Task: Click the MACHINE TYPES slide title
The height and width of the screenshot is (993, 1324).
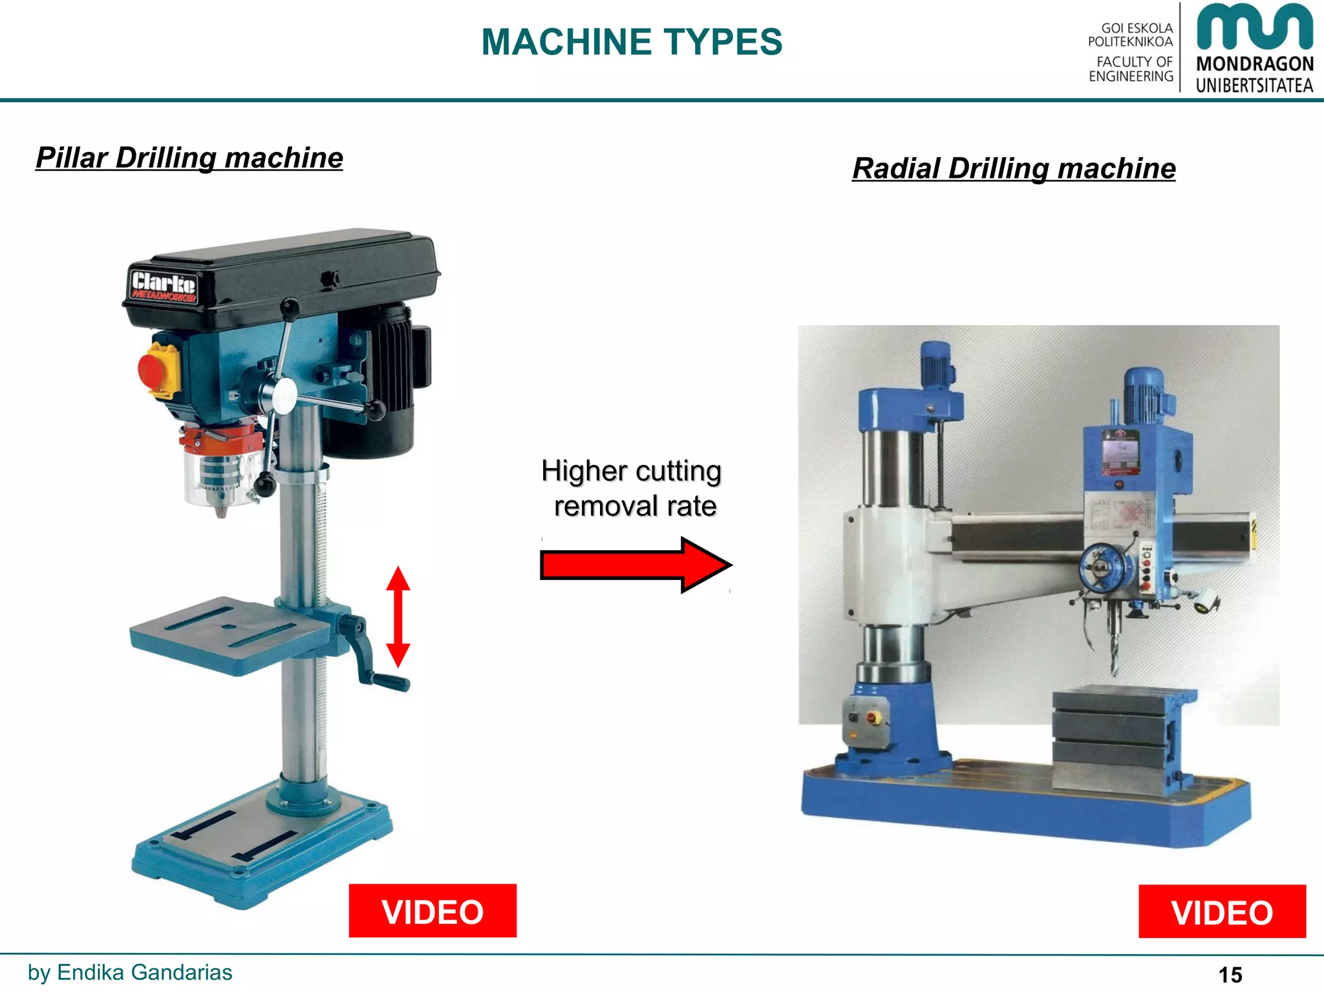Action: coord(632,43)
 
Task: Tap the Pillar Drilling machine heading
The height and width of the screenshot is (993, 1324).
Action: coord(189,158)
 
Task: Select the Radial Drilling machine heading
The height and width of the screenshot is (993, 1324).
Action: coord(1014,169)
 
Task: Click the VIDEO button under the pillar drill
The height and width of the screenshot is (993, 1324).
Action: coord(432,911)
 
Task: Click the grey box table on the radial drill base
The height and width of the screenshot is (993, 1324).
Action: coord(1112,737)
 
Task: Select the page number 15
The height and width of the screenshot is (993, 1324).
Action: coord(1230,974)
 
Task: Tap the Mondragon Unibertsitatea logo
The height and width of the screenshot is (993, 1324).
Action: coord(1254,48)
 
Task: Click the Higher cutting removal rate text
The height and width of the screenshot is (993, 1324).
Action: coord(632,488)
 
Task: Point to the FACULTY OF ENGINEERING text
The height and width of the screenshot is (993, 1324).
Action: coord(1131,69)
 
